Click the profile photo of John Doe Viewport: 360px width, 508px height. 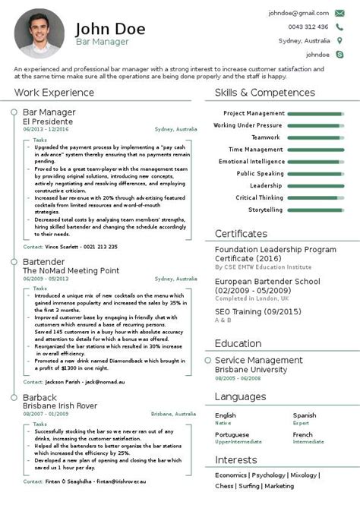click(x=38, y=33)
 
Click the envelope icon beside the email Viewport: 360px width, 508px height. click(x=341, y=13)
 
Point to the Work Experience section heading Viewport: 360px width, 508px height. click(x=52, y=93)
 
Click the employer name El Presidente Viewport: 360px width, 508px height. click(x=48, y=121)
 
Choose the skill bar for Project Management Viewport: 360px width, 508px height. click(x=318, y=114)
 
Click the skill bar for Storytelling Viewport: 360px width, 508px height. click(x=318, y=210)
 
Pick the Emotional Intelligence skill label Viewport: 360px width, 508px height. click(x=251, y=162)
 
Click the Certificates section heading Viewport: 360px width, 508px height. click(x=241, y=233)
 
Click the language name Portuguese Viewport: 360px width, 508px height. click(x=232, y=435)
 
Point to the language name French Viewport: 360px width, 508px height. click(x=303, y=435)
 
